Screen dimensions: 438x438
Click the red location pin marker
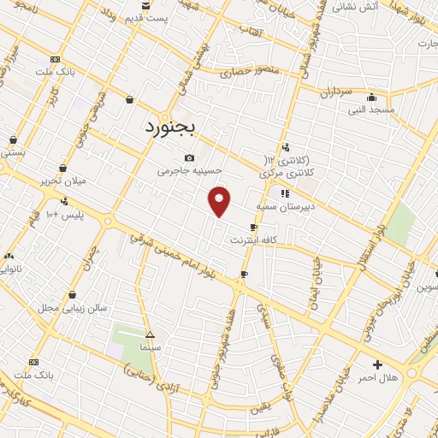coord(220,200)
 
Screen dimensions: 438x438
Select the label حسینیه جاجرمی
coord(189,171)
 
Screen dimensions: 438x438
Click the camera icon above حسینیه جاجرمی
coord(189,157)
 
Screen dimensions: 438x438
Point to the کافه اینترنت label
coord(254,240)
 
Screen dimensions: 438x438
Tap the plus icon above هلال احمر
coord(377,364)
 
